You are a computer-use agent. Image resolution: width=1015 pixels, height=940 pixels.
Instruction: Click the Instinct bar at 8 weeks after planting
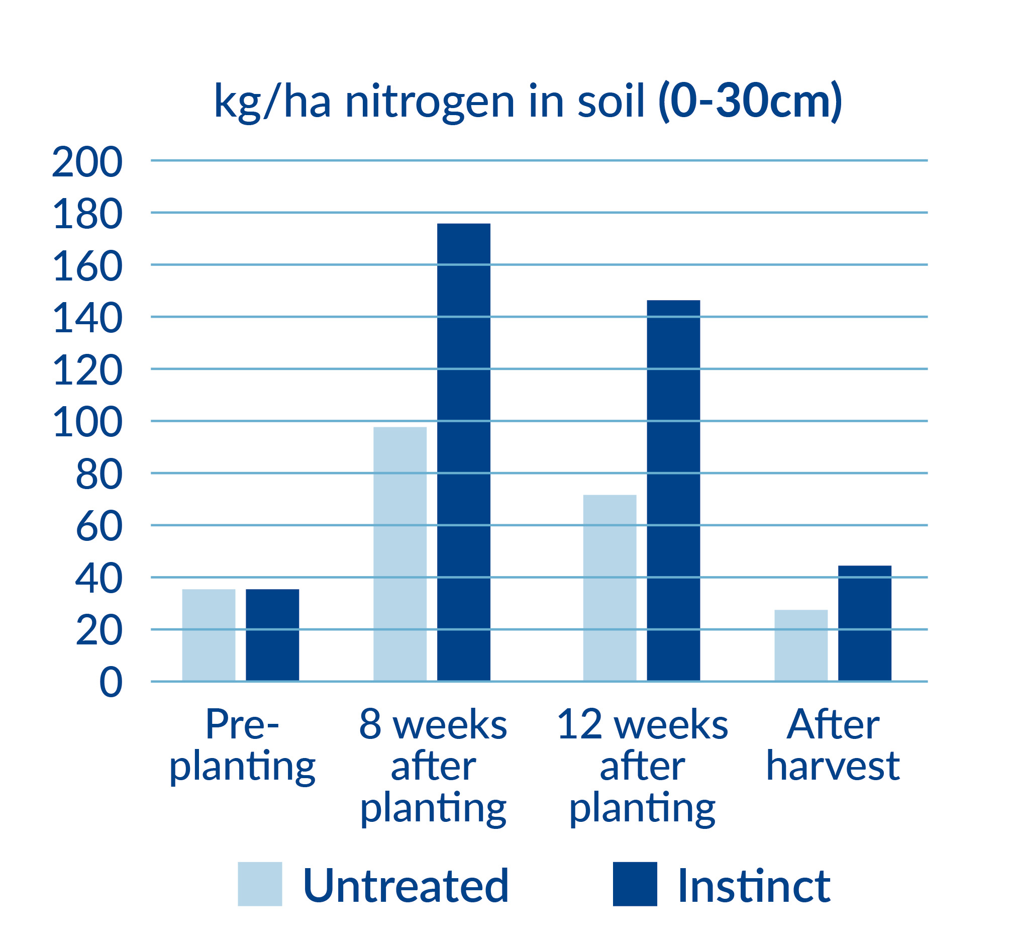464,452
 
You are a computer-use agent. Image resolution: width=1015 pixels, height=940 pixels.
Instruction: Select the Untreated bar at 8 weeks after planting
400,554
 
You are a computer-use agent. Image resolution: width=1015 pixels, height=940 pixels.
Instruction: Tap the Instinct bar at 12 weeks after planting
673,491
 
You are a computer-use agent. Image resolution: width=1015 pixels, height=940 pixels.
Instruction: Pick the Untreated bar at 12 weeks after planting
610,588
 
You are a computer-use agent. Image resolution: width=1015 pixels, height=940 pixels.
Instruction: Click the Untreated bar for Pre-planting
209,635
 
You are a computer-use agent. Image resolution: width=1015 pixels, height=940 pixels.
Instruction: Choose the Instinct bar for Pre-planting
272,635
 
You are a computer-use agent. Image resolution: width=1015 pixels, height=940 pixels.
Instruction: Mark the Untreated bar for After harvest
801,645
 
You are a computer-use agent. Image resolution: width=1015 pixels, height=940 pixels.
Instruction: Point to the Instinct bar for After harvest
864,624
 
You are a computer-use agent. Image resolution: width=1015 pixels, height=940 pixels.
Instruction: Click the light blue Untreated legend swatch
260,884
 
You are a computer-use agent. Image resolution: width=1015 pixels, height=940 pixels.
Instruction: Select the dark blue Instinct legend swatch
635,884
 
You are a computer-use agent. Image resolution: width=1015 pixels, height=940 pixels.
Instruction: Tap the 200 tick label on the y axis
87,162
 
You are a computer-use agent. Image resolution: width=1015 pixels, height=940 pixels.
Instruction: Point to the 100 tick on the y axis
87,422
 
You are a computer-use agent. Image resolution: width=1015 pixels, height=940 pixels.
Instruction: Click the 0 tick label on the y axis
111,683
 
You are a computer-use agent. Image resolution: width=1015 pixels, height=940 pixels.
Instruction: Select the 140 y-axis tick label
87,318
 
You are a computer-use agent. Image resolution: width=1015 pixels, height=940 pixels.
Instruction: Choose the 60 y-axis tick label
99,526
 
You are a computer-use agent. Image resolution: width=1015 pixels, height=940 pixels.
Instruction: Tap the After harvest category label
833,744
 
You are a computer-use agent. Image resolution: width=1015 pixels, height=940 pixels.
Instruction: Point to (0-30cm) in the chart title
750,102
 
